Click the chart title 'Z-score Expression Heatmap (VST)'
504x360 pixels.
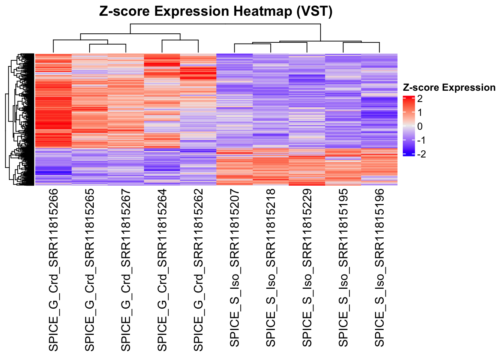click(x=216, y=11)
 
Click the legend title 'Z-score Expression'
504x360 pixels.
click(x=449, y=88)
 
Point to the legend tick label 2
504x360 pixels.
click(x=420, y=99)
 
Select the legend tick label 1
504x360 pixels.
click(x=420, y=112)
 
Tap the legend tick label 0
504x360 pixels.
click(x=420, y=126)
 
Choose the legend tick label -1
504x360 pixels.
click(x=421, y=140)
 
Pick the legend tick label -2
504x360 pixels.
click(x=421, y=154)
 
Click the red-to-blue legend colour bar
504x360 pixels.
click(x=409, y=126)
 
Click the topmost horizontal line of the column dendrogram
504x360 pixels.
click(x=225, y=24)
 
